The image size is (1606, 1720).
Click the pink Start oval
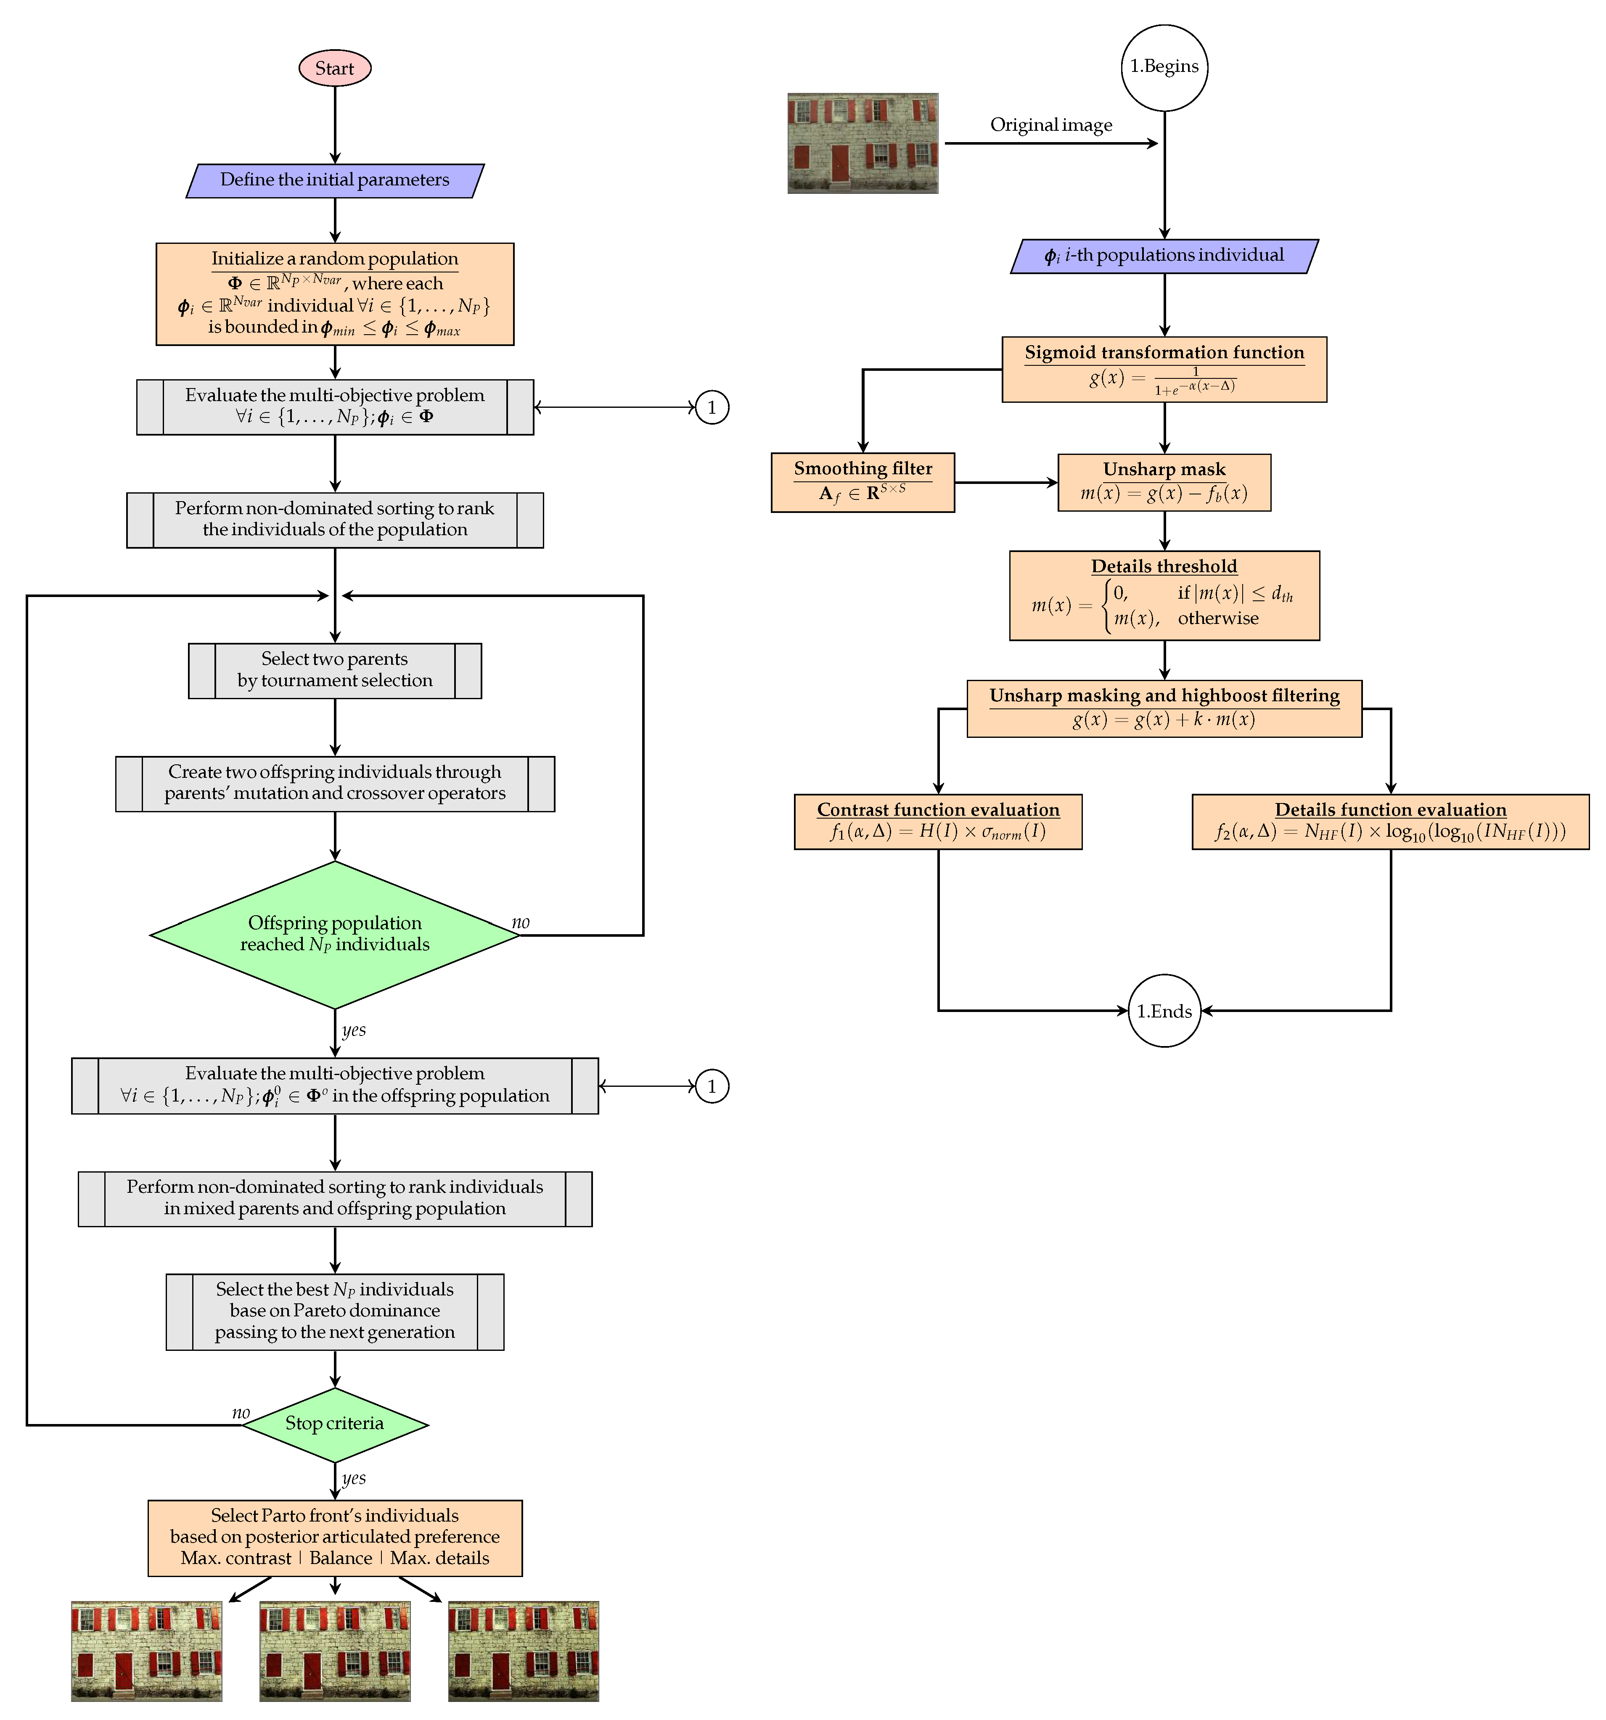click(335, 69)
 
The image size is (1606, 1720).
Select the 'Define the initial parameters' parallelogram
click(335, 180)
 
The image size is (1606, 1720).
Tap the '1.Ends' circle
click(1164, 1011)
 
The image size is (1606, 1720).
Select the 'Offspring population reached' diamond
click(335, 934)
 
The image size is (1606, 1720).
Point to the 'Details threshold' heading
click(1164, 566)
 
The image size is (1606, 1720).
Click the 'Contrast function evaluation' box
click(938, 821)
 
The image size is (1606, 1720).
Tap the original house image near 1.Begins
click(863, 143)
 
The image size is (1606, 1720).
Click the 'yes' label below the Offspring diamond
click(353, 1030)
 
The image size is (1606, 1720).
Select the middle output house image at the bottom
click(335, 1651)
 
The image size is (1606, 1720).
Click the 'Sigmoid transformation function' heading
click(1164, 352)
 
